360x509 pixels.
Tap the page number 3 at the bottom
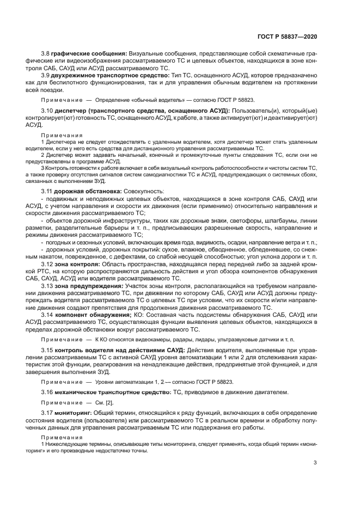coord(315,463)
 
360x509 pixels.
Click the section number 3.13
coord(47,285)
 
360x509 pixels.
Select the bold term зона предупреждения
coord(89,285)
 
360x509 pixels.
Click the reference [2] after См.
coord(109,403)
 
